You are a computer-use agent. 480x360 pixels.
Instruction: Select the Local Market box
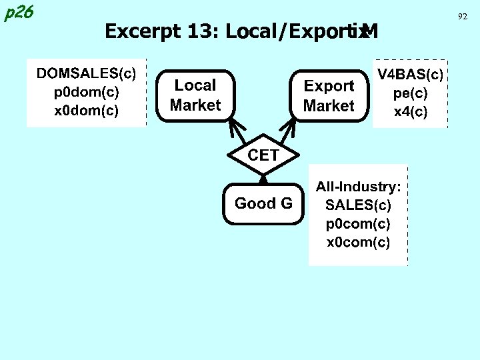pyautogui.click(x=195, y=95)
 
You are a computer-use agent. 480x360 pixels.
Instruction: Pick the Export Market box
pyautogui.click(x=329, y=96)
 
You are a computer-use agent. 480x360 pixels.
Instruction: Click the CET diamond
pyautogui.click(x=263, y=155)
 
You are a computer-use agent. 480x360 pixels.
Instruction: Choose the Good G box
pyautogui.click(x=263, y=203)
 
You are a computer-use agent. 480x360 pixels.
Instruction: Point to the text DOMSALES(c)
pyautogui.click(x=86, y=72)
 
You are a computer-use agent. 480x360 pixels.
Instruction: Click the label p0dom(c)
pyautogui.click(x=86, y=91)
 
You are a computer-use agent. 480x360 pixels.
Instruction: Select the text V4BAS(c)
pyautogui.click(x=411, y=73)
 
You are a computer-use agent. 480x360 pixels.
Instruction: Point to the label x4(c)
pyautogui.click(x=411, y=111)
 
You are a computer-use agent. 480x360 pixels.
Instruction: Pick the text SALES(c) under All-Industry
pyautogui.click(x=358, y=203)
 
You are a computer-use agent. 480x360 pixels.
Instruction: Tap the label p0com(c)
pyautogui.click(x=358, y=223)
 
